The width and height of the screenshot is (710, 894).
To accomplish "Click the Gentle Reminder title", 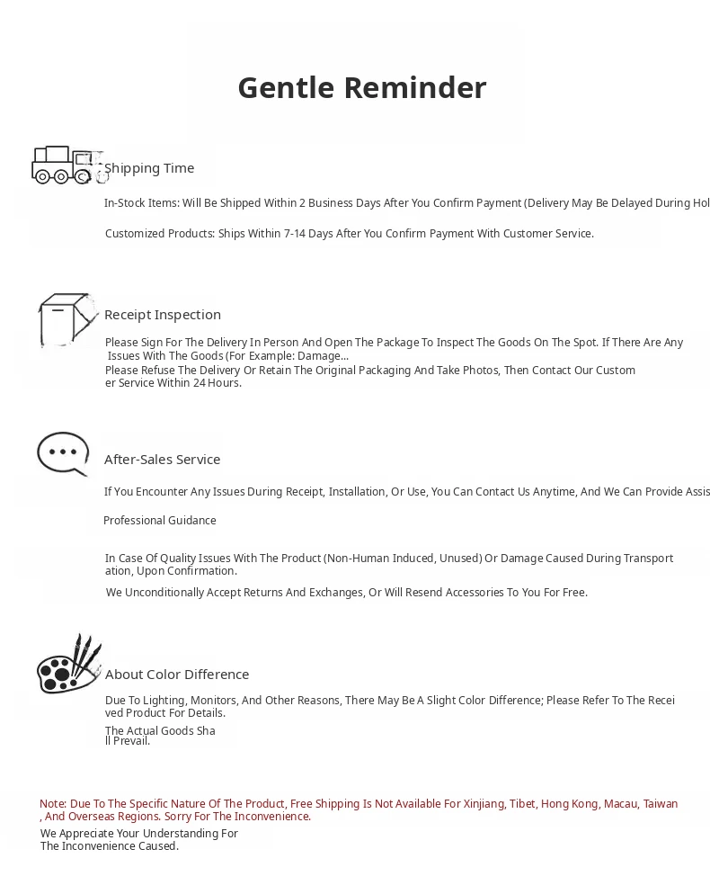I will pyautogui.click(x=362, y=88).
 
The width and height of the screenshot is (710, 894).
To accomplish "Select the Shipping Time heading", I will pyautogui.click(x=149, y=168).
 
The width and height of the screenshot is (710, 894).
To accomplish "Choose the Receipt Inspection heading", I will pyautogui.click(x=163, y=315).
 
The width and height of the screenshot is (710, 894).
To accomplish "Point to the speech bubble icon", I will pyautogui.click(x=63, y=453).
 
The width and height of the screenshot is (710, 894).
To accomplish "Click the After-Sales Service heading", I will pyautogui.click(x=163, y=460).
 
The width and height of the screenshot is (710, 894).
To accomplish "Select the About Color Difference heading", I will pyautogui.click(x=177, y=675).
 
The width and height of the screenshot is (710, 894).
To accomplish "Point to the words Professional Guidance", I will pyautogui.click(x=160, y=521).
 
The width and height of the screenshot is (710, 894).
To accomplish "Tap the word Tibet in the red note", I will pyautogui.click(x=522, y=804).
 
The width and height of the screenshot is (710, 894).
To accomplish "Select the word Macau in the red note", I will pyautogui.click(x=620, y=804).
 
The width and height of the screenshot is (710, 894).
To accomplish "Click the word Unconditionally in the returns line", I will pyautogui.click(x=166, y=593).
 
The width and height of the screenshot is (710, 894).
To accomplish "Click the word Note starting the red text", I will pyautogui.click(x=52, y=804).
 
